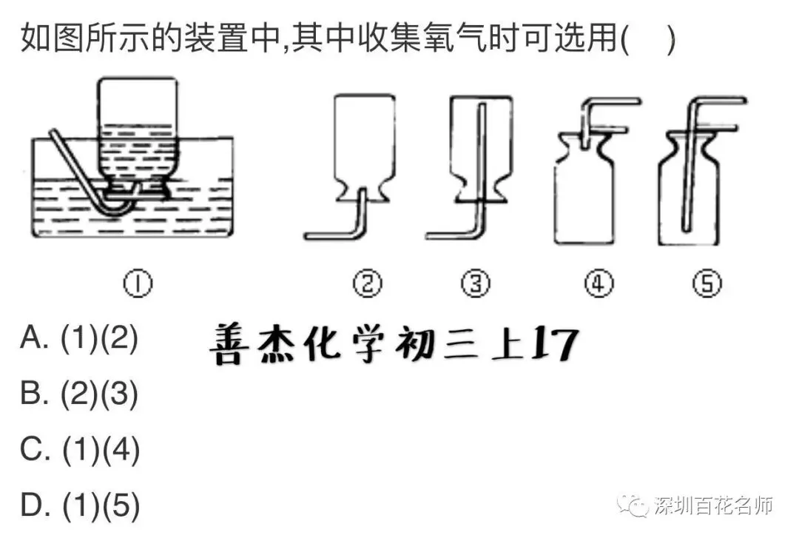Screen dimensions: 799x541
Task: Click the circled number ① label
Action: [x=138, y=283]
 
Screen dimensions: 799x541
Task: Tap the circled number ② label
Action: [x=368, y=283]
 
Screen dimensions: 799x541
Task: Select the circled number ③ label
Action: [x=476, y=283]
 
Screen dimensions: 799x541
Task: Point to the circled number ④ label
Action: [x=599, y=283]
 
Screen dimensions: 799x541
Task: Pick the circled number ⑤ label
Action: [x=707, y=283]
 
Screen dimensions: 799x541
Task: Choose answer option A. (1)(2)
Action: [x=79, y=338]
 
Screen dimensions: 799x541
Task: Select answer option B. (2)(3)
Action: [x=79, y=394]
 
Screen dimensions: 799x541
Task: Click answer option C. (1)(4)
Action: [x=80, y=450]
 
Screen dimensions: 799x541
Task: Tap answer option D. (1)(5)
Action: [x=80, y=505]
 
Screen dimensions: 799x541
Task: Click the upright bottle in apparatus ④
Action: [x=584, y=199]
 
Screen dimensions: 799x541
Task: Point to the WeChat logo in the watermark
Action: [x=633, y=505]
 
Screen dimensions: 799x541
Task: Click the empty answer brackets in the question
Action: [x=649, y=38]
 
